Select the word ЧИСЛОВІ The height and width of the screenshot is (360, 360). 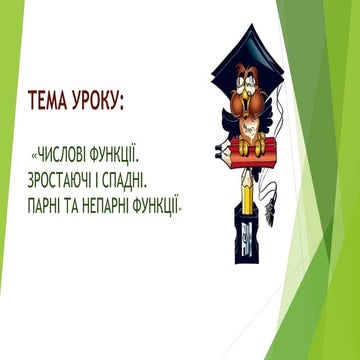point(63,156)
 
